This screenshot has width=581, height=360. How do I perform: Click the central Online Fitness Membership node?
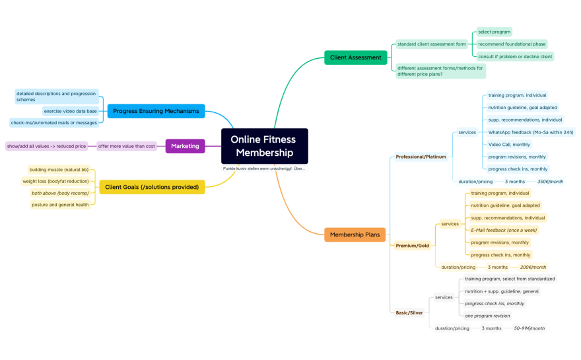[x=264, y=146]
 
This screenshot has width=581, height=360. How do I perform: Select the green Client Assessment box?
[x=355, y=57]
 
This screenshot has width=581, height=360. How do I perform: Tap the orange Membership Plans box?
[x=355, y=234]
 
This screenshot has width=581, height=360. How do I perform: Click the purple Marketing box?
[x=185, y=146]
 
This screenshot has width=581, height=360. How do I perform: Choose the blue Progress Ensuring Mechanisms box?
[x=156, y=111]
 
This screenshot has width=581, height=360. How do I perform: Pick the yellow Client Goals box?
[x=152, y=187]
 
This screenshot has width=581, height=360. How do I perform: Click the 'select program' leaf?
[x=494, y=32]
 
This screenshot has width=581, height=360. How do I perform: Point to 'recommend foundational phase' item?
[x=512, y=44]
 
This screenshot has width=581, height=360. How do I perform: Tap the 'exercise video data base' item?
[x=71, y=111]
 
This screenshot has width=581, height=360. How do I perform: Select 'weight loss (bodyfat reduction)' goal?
[x=55, y=181]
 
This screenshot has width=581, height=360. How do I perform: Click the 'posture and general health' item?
[x=60, y=205]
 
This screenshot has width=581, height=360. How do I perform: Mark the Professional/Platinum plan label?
[x=421, y=157]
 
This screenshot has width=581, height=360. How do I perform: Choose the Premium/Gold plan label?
[x=412, y=246]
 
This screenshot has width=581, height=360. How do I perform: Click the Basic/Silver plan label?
[x=409, y=312]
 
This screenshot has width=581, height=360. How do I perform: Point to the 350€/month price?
[x=550, y=181]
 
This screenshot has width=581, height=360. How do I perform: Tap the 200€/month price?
[x=533, y=267]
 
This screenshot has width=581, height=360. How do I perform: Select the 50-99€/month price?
[x=529, y=328]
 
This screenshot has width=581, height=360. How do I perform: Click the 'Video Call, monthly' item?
[x=509, y=144]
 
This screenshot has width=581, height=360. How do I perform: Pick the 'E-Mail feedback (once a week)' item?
[x=504, y=230]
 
